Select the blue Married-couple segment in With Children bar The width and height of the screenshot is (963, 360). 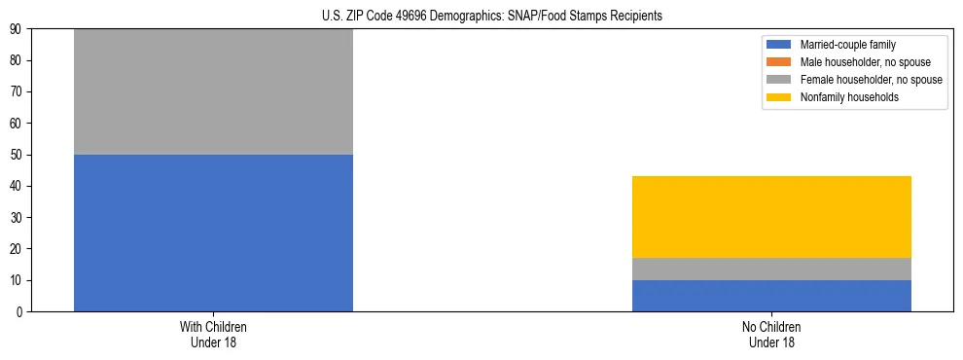[213, 233]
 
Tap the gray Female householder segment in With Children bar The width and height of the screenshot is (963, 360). [213, 91]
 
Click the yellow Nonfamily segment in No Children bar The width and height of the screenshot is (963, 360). [771, 217]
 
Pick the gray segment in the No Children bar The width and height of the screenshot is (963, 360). [771, 269]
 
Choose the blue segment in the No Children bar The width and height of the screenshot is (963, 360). [771, 296]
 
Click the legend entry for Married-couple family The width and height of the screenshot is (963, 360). [847, 45]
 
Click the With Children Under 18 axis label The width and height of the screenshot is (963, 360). [213, 334]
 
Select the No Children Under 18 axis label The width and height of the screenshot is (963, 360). [771, 334]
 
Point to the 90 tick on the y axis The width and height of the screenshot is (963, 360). [17, 29]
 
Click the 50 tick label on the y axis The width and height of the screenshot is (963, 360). [17, 155]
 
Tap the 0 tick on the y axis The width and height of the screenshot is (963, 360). [19, 311]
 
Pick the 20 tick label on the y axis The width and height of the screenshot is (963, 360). [17, 249]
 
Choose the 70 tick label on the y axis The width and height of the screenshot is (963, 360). [17, 91]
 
